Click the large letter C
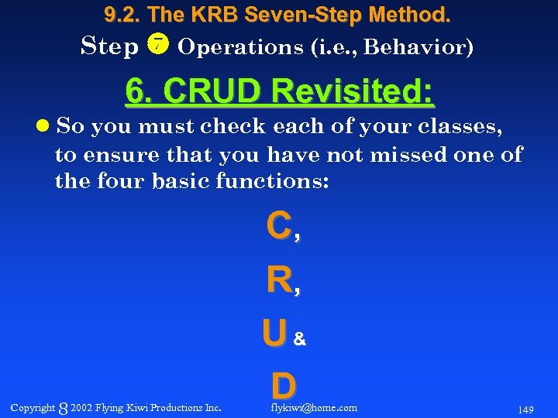[x=278, y=227]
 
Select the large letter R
[x=278, y=281]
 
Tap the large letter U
[x=274, y=334]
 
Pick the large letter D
[x=283, y=385]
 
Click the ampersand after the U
[x=300, y=339]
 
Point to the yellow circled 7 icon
[x=158, y=46]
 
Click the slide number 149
[x=525, y=409]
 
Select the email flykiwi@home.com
[x=314, y=407]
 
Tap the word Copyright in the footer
[x=33, y=407]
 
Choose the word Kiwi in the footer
[x=134, y=407]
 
